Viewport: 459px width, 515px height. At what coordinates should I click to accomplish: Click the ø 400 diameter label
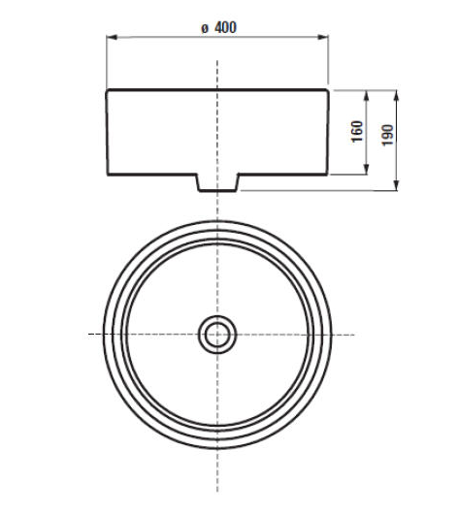coord(218,27)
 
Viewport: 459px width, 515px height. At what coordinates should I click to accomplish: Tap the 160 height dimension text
coord(357,131)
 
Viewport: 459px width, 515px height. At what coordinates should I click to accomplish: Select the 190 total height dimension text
coord(387,135)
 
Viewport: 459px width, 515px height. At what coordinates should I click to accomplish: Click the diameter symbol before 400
coord(205,28)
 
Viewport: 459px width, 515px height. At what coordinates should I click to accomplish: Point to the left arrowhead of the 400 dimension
coord(112,37)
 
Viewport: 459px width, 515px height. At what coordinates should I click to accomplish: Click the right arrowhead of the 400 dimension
coord(322,37)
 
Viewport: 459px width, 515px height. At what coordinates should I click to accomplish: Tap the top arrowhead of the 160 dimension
coord(367,96)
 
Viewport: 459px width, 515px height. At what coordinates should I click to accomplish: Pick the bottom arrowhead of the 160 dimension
coord(367,169)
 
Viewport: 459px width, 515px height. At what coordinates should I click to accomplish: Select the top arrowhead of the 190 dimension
coord(397,96)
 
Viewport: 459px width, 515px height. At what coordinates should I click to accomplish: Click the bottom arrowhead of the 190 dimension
coord(397,185)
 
